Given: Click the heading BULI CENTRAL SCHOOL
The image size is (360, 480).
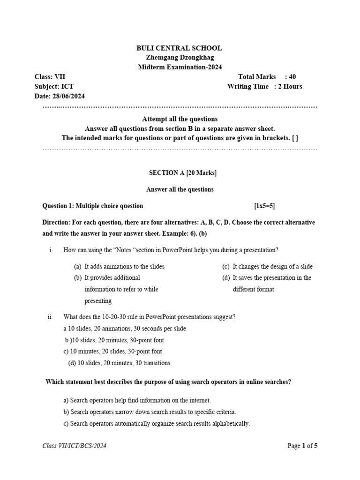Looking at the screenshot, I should (x=179, y=48).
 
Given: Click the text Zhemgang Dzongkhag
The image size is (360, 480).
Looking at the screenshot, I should (x=179, y=58).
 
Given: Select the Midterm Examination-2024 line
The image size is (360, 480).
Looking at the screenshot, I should (x=179, y=67).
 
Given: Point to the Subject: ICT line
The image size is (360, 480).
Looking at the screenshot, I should (x=54, y=86).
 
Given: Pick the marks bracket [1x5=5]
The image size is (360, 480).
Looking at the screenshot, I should (x=268, y=206).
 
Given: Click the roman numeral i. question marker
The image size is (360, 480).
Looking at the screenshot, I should (x=51, y=250).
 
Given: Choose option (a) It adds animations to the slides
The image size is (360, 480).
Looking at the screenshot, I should (x=120, y=266).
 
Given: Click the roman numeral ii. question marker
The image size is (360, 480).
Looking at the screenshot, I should (x=51, y=317).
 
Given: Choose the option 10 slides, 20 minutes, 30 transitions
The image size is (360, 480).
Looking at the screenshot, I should (x=120, y=363).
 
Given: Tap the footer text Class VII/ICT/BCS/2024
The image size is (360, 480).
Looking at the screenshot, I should (x=75, y=446).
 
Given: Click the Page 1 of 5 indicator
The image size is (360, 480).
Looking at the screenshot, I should (x=302, y=446).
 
